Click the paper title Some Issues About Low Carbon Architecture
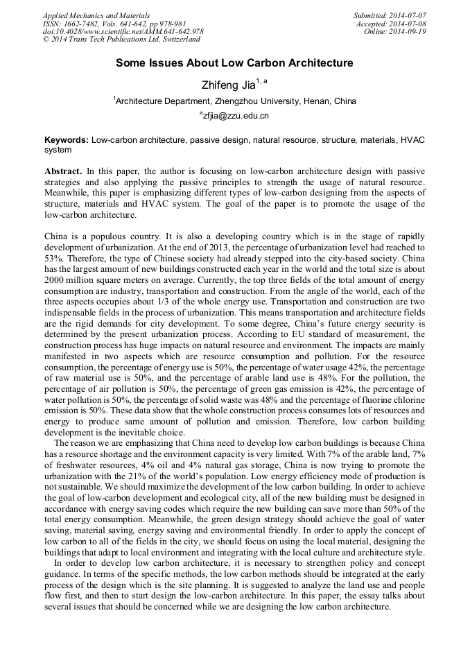[234, 63]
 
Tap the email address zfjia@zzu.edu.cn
[235, 116]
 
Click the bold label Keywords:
[67, 140]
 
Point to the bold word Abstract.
[63, 171]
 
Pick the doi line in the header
[123, 31]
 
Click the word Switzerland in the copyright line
[176, 40]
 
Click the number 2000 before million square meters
[55, 280]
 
